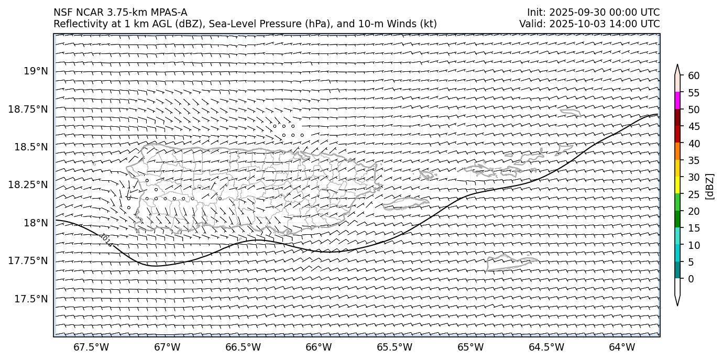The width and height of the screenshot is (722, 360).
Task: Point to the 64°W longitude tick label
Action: pos(622,347)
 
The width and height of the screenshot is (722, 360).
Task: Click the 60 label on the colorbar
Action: pos(694,76)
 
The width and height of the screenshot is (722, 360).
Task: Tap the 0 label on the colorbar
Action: pos(691,279)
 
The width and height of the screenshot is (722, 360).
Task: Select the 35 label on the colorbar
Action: pos(694,160)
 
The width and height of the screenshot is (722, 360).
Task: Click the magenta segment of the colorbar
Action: pos(677,101)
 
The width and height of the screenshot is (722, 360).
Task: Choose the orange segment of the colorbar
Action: pos(677,151)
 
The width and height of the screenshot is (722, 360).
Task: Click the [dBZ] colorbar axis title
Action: pos(710,186)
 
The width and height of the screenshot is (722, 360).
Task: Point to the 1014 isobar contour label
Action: pos(106,240)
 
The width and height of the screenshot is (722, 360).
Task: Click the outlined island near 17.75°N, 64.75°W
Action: pos(511,262)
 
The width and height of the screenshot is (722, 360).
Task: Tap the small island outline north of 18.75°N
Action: pos(570,112)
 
